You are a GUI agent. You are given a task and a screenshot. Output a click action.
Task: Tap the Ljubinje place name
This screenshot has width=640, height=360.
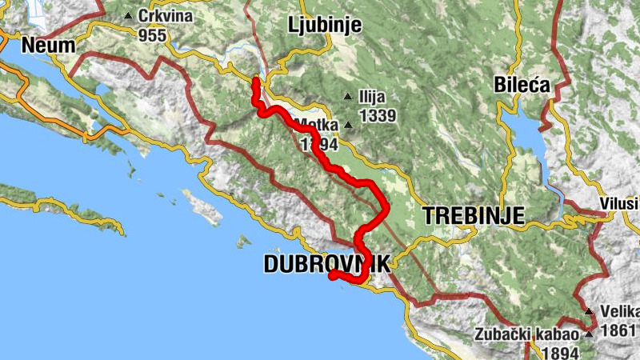pyautogui.click(x=324, y=25)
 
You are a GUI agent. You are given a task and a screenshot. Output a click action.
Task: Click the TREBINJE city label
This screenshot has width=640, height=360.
pyautogui.click(x=473, y=214)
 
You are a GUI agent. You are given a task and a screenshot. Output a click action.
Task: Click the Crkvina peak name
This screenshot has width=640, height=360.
pyautogui.click(x=166, y=16)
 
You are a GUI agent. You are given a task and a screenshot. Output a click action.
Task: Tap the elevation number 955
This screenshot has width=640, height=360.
pyautogui.click(x=152, y=35)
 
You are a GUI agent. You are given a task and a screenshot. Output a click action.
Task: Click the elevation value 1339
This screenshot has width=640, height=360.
pyautogui.click(x=378, y=116)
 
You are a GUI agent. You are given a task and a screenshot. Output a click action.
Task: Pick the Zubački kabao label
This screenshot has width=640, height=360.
pyautogui.click(x=524, y=335)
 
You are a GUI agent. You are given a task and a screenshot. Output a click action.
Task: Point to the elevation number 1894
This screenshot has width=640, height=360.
pyautogui.click(x=560, y=352)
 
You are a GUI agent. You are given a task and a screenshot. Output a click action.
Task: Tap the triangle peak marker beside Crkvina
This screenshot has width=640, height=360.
pyautogui.click(x=128, y=16)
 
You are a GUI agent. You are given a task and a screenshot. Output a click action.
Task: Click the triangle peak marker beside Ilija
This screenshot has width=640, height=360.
pyautogui.click(x=347, y=97)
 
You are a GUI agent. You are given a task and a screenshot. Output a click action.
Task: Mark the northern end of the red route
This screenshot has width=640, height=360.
pyautogui.click(x=255, y=81)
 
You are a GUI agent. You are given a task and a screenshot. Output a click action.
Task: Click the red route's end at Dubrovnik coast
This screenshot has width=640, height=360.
pyautogui.click(x=331, y=275)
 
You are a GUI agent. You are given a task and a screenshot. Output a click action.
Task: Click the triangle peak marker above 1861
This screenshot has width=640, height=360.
pyautogui.click(x=589, y=311)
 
